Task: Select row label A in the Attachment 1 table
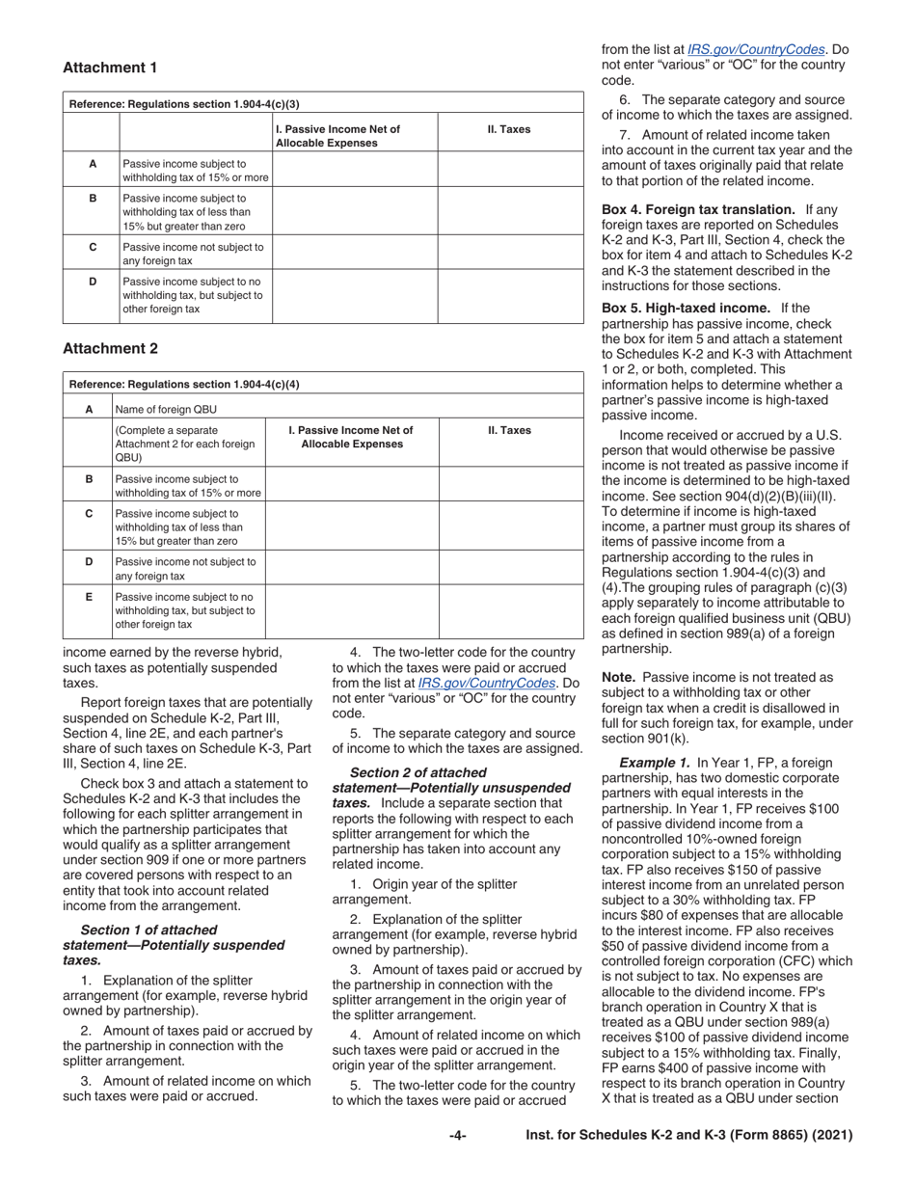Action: click(92, 164)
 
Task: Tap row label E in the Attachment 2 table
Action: click(89, 597)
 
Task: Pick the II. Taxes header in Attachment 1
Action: click(510, 129)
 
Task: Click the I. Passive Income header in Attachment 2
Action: click(352, 438)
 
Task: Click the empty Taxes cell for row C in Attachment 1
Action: click(510, 254)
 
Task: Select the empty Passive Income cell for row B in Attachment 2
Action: click(352, 485)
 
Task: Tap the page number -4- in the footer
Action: click(458, 1136)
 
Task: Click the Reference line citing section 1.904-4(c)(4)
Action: click(184, 384)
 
